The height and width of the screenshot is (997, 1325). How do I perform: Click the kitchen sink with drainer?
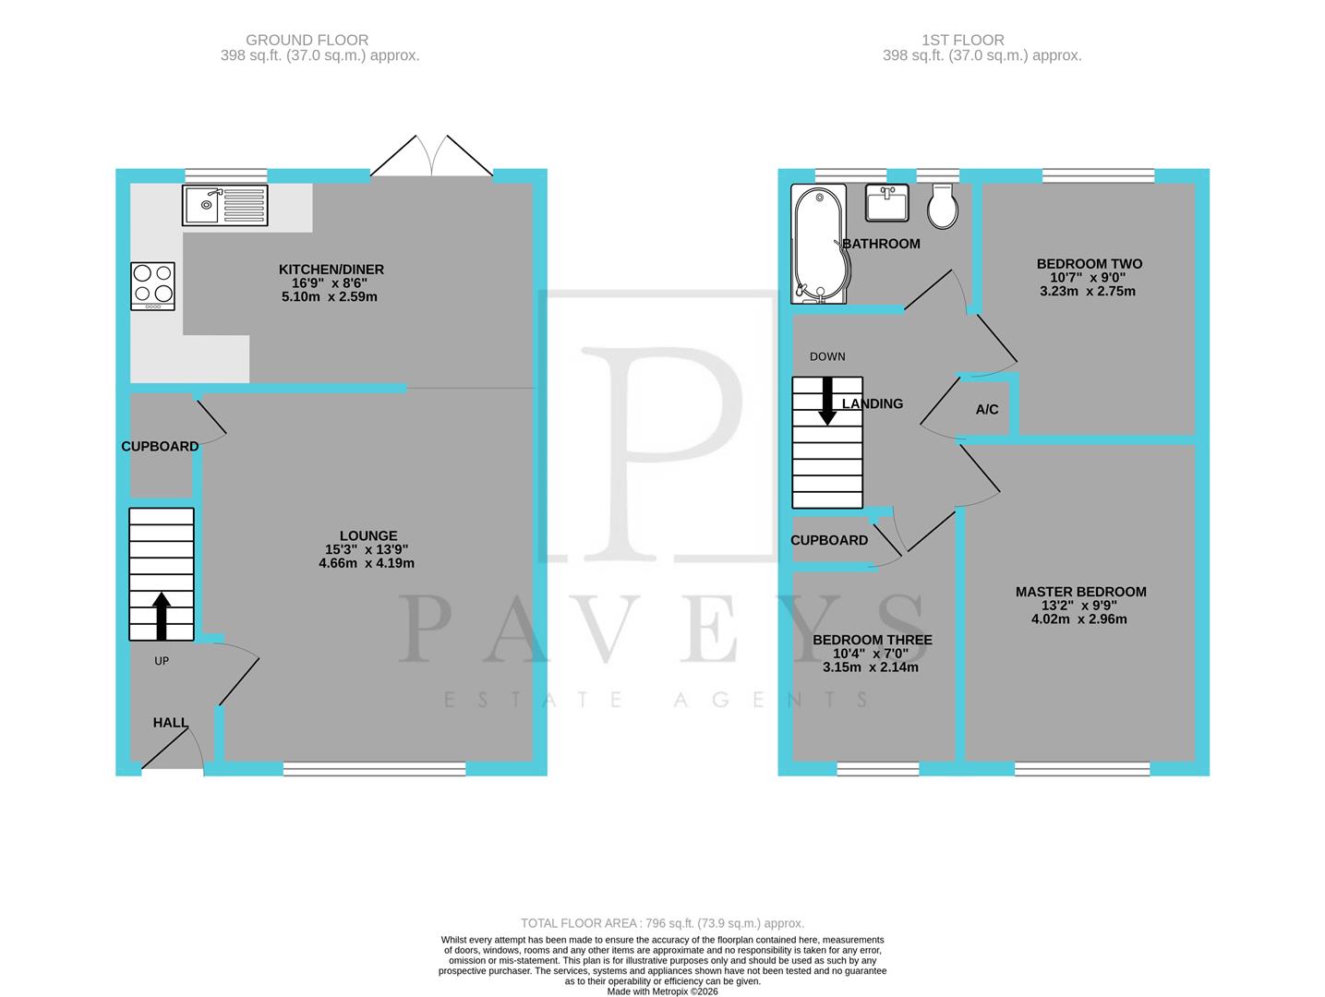(x=225, y=205)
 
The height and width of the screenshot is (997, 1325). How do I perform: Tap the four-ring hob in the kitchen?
(x=153, y=285)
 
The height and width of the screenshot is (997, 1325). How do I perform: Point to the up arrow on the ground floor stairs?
(x=162, y=617)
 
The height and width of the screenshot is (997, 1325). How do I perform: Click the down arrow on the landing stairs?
(x=827, y=402)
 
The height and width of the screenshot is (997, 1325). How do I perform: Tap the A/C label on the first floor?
(x=987, y=409)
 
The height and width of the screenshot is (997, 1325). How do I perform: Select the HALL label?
(x=171, y=723)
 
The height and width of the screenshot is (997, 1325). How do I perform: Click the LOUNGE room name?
(x=368, y=535)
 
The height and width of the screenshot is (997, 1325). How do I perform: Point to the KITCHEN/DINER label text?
(x=331, y=270)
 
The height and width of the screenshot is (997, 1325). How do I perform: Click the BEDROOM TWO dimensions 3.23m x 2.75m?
(x=1089, y=291)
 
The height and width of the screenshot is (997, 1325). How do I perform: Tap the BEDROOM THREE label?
(x=872, y=640)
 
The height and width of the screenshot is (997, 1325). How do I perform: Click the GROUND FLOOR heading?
(x=307, y=40)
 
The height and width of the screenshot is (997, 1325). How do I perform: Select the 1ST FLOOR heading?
(x=962, y=40)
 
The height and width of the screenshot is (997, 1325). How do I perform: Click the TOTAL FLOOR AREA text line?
(x=662, y=923)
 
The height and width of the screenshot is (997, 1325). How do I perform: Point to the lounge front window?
(x=374, y=768)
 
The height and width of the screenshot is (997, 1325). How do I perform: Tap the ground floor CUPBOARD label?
(x=160, y=446)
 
